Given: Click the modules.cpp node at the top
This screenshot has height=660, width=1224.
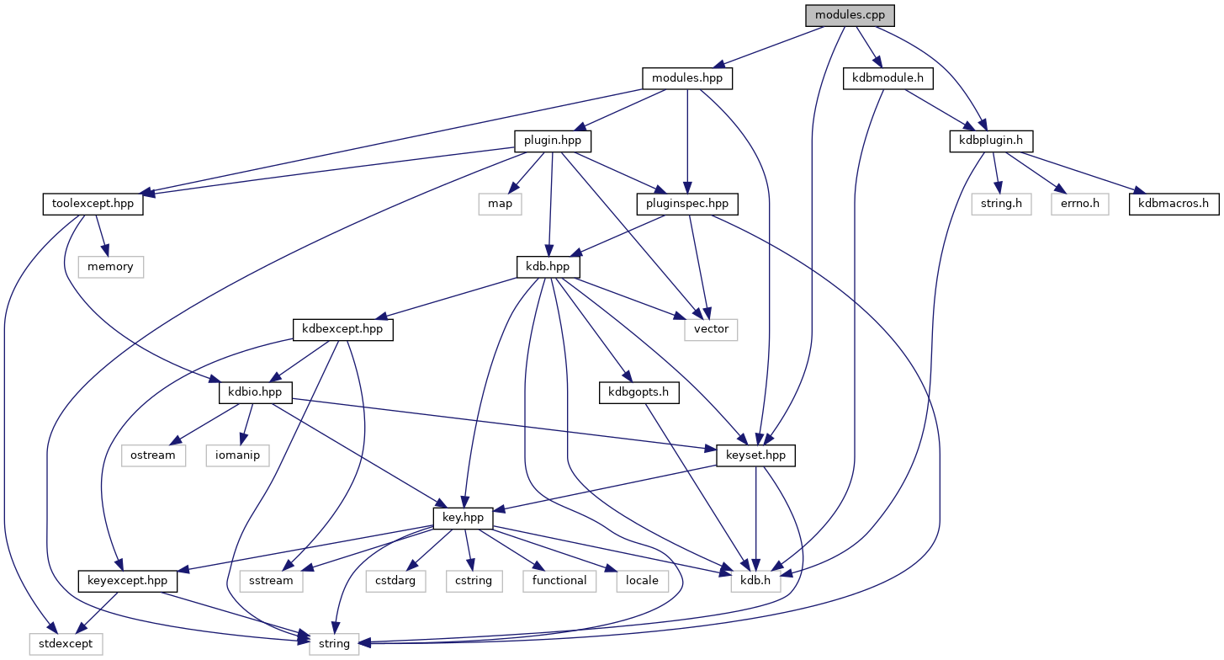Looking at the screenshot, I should click(x=849, y=15).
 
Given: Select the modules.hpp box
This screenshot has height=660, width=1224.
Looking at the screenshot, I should click(x=687, y=78).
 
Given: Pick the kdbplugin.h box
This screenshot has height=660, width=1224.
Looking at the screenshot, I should click(x=991, y=141).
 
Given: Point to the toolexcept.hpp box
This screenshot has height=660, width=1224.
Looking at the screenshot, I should click(x=92, y=204).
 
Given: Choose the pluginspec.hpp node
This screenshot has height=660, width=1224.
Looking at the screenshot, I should click(x=687, y=204).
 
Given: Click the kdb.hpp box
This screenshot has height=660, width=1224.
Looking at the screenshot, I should click(x=548, y=266).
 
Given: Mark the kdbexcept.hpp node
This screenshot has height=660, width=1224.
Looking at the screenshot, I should click(x=342, y=329).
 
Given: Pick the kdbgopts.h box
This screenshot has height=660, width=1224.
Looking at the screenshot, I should click(x=638, y=392).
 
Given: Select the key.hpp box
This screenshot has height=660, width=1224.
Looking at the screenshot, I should click(x=463, y=518).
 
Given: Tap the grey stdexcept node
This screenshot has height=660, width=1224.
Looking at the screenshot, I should click(x=66, y=644).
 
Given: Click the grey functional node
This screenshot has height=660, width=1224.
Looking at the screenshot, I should click(x=559, y=581).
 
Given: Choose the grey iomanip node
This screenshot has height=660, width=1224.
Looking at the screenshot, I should click(x=238, y=455).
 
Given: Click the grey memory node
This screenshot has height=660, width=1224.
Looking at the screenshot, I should click(x=111, y=267).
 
